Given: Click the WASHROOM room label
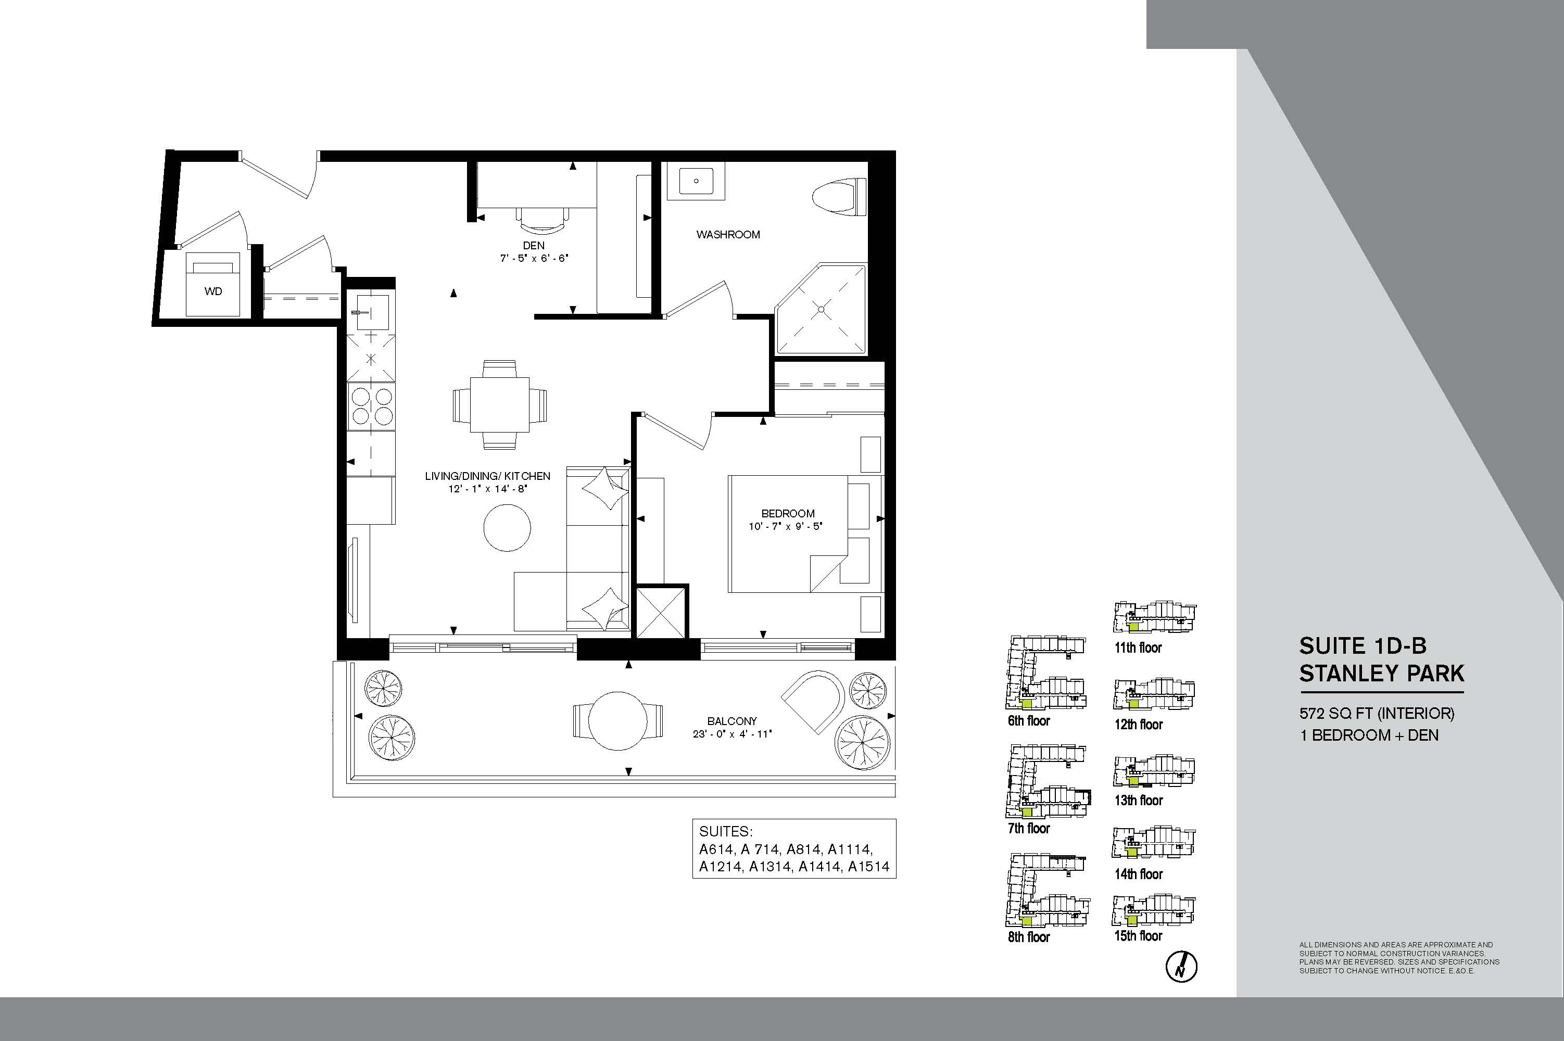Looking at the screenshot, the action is [728, 234].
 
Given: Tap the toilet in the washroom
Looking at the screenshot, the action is [840, 197].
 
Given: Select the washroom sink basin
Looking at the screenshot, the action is [696, 180].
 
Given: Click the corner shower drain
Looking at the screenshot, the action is [822, 309].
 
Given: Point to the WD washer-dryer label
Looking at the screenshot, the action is [213, 291].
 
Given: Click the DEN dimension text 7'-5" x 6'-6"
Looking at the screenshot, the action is [534, 258].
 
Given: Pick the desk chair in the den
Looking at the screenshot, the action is [543, 219].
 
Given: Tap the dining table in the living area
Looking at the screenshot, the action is [500, 404].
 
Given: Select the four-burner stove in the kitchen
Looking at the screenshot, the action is [371, 405].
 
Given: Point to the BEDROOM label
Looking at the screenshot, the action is [788, 513].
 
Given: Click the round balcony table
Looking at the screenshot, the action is [617, 721].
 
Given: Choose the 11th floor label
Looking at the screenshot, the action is [1138, 648].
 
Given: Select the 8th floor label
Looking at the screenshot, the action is [1029, 937].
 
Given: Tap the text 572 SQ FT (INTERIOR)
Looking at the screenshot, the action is [1377, 713].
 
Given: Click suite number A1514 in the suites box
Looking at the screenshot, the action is [868, 867].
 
